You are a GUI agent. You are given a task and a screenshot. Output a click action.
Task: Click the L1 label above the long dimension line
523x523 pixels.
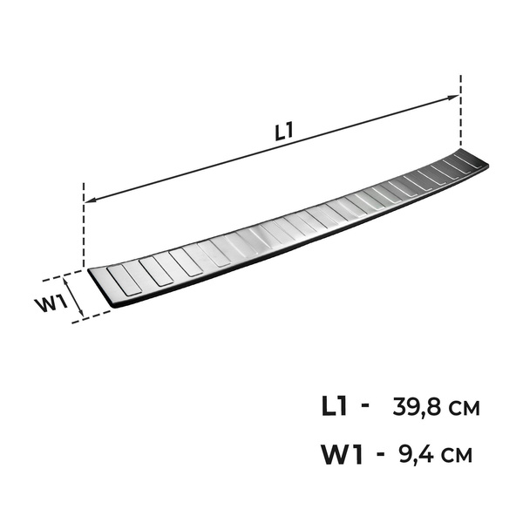284,131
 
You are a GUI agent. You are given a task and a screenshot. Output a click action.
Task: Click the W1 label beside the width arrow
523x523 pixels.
51,303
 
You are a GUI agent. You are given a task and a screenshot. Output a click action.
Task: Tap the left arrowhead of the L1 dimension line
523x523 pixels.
90,200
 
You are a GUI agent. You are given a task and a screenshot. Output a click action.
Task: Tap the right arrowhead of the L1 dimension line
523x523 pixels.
453,98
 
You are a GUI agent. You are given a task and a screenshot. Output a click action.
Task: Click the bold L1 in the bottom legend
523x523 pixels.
335,406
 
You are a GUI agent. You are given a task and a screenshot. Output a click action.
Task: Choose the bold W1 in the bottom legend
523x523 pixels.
342,453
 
